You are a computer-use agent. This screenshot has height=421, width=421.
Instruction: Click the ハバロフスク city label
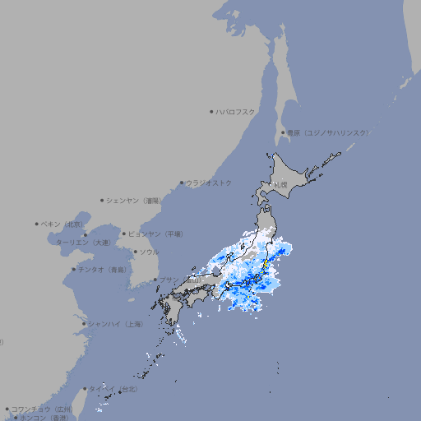236,111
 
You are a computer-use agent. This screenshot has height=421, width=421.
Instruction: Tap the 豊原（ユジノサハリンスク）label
327,132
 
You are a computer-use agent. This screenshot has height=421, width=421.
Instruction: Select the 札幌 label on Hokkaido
281,185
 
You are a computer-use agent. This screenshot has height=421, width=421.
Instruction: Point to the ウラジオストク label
209,183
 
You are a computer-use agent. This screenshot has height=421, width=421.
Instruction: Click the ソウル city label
149,252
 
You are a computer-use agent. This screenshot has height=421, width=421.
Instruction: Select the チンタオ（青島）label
102,269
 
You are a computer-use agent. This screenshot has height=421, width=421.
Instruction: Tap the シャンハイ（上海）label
115,324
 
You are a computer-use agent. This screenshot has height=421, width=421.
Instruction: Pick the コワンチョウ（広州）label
41,409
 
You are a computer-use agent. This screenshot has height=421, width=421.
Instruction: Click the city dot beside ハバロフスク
211,111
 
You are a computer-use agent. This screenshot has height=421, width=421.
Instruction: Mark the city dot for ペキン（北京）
37,224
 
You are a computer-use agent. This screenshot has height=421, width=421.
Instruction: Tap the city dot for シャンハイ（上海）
84,324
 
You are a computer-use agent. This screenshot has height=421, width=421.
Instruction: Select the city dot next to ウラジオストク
182,183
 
